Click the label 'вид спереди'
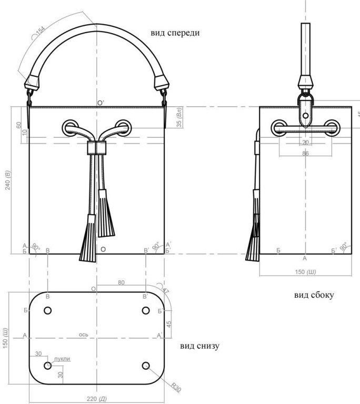(x=175, y=33)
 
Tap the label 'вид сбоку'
(x=314, y=295)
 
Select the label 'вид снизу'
(x=199, y=346)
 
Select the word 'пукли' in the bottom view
(x=62, y=359)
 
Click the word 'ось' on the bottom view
(x=83, y=334)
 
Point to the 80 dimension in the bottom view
(x=122, y=283)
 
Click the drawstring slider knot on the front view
(x=96, y=148)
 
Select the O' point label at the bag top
(x=100, y=103)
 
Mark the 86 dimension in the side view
(x=305, y=153)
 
